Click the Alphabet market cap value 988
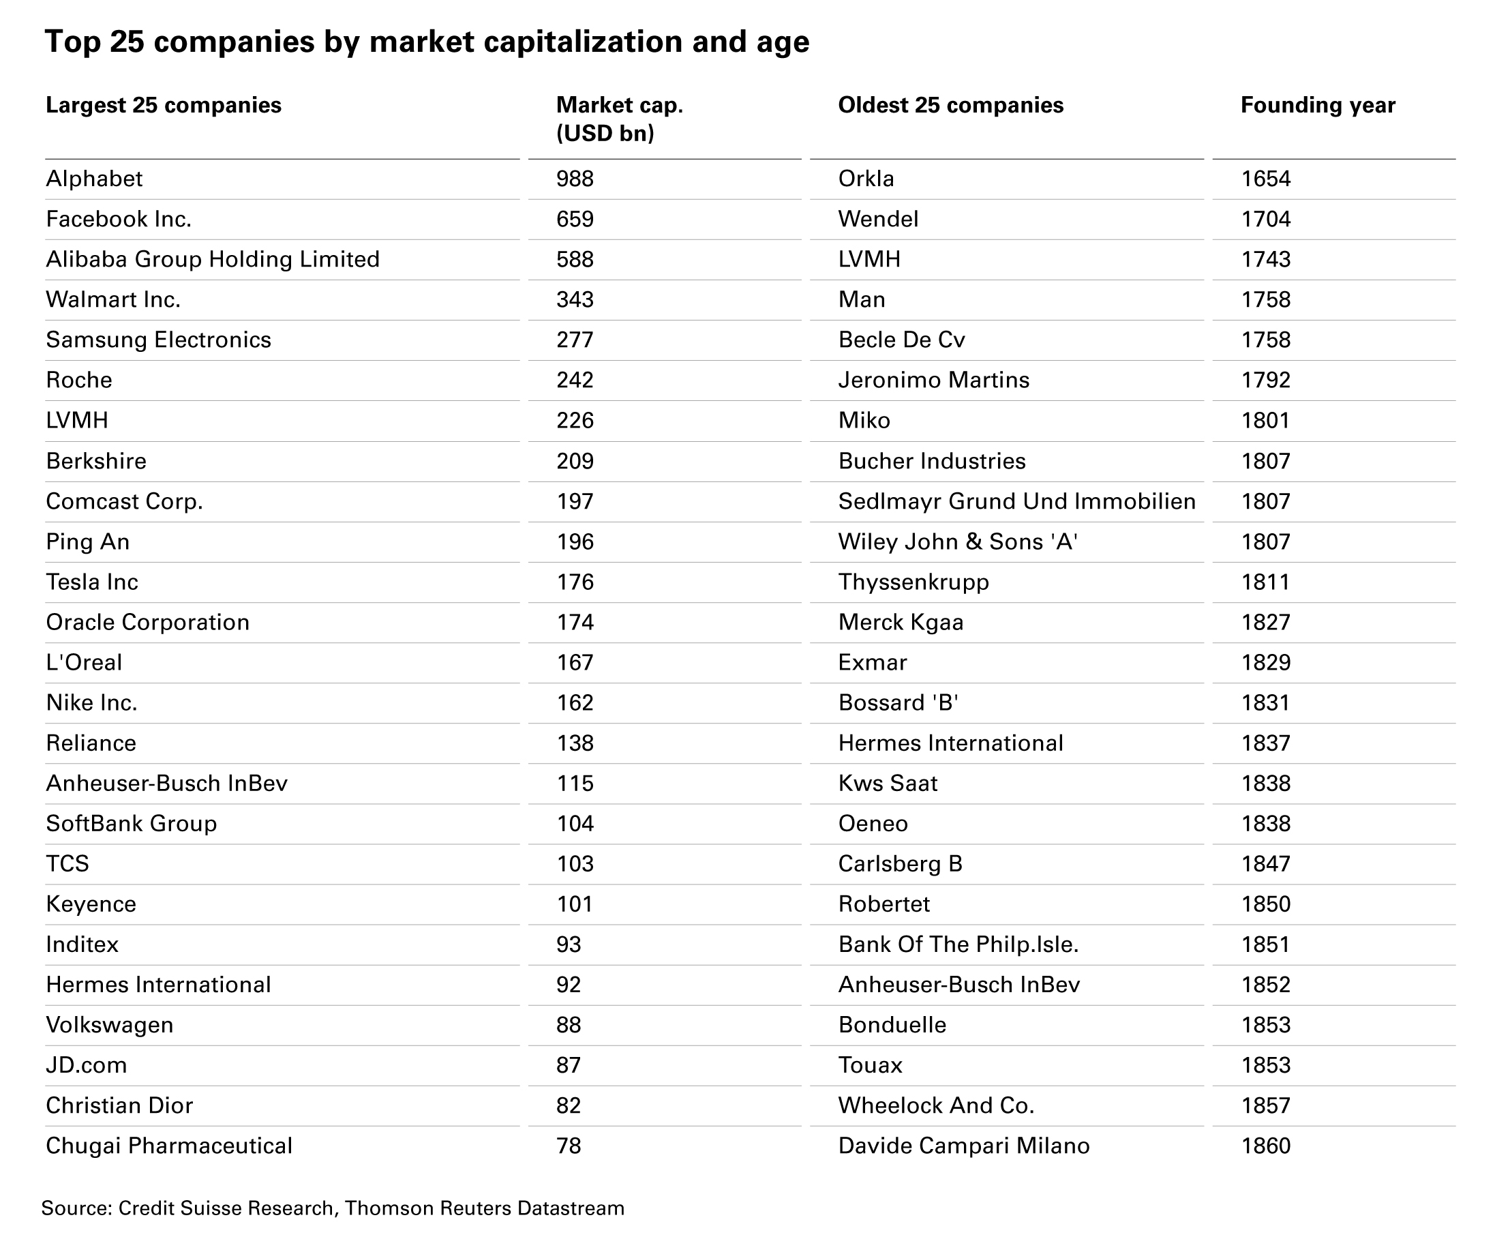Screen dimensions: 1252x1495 (x=575, y=179)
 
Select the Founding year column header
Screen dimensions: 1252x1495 (x=1317, y=106)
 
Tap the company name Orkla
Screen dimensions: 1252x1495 (x=866, y=179)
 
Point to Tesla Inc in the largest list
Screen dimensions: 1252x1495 (x=92, y=582)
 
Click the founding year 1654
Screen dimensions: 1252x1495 (x=1265, y=179)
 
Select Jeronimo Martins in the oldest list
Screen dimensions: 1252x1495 (x=933, y=381)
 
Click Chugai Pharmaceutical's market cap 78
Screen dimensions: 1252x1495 (x=568, y=1146)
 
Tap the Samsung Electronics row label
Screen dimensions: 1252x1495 (x=158, y=340)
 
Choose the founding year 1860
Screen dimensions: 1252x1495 (x=1265, y=1146)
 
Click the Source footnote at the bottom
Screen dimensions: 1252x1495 (x=333, y=1208)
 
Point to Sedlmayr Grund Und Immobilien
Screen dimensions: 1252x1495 (x=1016, y=501)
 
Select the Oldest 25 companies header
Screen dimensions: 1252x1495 (x=950, y=106)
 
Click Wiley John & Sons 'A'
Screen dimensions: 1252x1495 (x=958, y=542)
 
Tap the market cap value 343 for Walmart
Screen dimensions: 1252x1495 (x=575, y=300)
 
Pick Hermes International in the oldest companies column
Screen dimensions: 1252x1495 (x=950, y=743)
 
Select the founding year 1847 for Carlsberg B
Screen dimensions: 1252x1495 (x=1265, y=864)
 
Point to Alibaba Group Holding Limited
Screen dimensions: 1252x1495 (x=213, y=259)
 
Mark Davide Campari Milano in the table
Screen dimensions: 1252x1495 (x=963, y=1146)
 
